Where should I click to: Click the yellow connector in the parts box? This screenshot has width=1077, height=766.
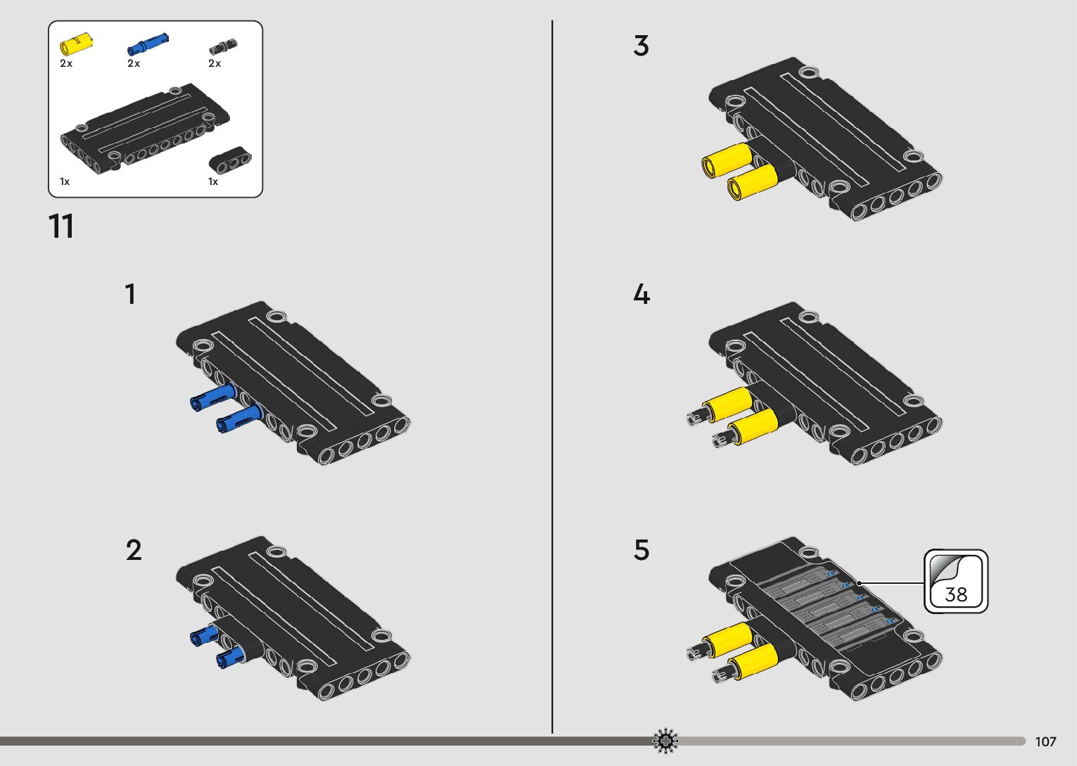click(x=76, y=44)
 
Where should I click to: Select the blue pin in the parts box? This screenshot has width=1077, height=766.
click(x=147, y=44)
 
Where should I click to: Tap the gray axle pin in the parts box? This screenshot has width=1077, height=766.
click(x=223, y=46)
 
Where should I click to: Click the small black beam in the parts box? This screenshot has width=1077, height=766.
click(x=230, y=160)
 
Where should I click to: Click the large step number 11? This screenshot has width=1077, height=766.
click(x=61, y=226)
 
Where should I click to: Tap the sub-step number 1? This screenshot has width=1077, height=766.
click(x=130, y=294)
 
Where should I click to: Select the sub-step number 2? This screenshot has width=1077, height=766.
click(x=134, y=550)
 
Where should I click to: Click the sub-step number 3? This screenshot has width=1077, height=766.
click(x=641, y=46)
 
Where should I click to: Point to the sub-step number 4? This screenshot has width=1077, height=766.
click(x=642, y=294)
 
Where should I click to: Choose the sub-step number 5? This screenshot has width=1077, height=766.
click(x=642, y=550)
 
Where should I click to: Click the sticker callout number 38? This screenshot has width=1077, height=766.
click(x=956, y=594)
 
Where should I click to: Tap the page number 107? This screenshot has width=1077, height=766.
click(x=1045, y=741)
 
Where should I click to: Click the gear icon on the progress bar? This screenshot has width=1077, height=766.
click(x=665, y=741)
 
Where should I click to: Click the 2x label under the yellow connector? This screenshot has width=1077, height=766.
click(x=66, y=63)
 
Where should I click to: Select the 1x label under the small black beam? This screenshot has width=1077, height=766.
click(x=213, y=181)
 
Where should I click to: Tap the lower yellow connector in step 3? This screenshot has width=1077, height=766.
click(x=752, y=181)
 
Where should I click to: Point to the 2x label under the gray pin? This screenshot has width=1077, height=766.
click(x=215, y=63)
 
